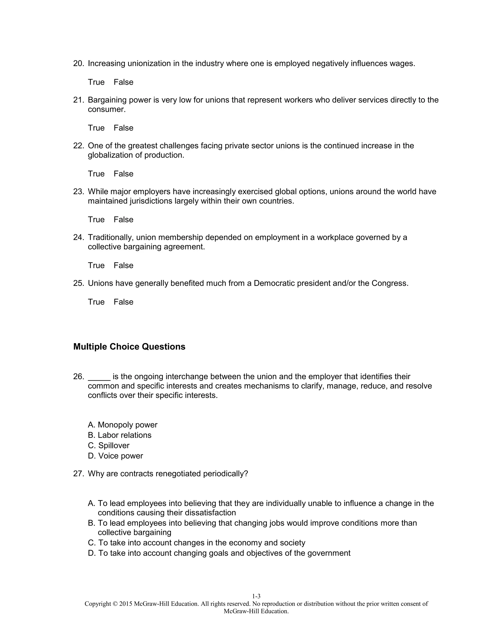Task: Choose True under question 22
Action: (96, 174)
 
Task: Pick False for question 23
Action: (123, 219)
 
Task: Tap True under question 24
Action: (96, 265)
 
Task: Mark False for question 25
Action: (123, 302)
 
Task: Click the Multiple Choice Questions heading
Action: (129, 347)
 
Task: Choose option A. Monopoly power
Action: (123, 425)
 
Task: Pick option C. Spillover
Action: (108, 445)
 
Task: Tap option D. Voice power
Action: (115, 456)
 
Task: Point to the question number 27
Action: (78, 474)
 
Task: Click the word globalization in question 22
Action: (110, 155)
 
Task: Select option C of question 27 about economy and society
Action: (196, 543)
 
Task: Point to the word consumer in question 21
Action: (106, 109)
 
